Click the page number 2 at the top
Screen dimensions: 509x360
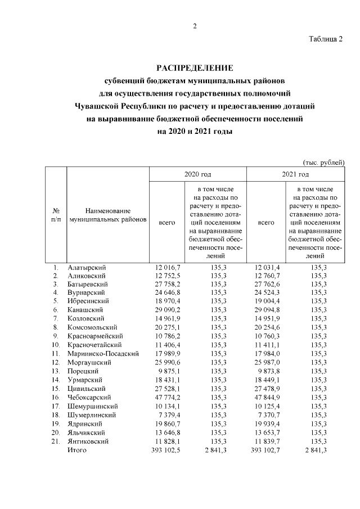(x=195, y=26)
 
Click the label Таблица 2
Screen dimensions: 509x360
(x=326, y=39)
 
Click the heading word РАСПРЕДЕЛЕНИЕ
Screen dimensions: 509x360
(x=195, y=68)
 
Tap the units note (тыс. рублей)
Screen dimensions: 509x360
(x=323, y=162)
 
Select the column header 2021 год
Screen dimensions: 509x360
(x=296, y=174)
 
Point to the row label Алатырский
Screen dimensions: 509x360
(x=86, y=267)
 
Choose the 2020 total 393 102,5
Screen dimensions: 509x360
(x=166, y=451)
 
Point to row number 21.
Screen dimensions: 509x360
(x=55, y=442)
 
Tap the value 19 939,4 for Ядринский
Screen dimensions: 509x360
(x=268, y=424)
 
